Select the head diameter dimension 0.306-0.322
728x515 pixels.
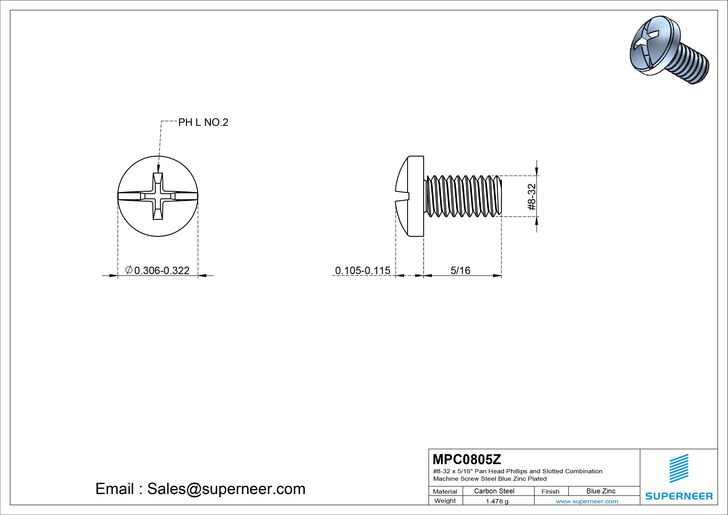[x=162, y=270]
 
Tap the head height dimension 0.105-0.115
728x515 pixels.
[x=363, y=270]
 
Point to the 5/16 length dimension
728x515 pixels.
[x=460, y=270]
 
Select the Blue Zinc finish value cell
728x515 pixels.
[x=601, y=491]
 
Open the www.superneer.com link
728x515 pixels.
[x=587, y=501]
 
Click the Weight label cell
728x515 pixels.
[x=445, y=501]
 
